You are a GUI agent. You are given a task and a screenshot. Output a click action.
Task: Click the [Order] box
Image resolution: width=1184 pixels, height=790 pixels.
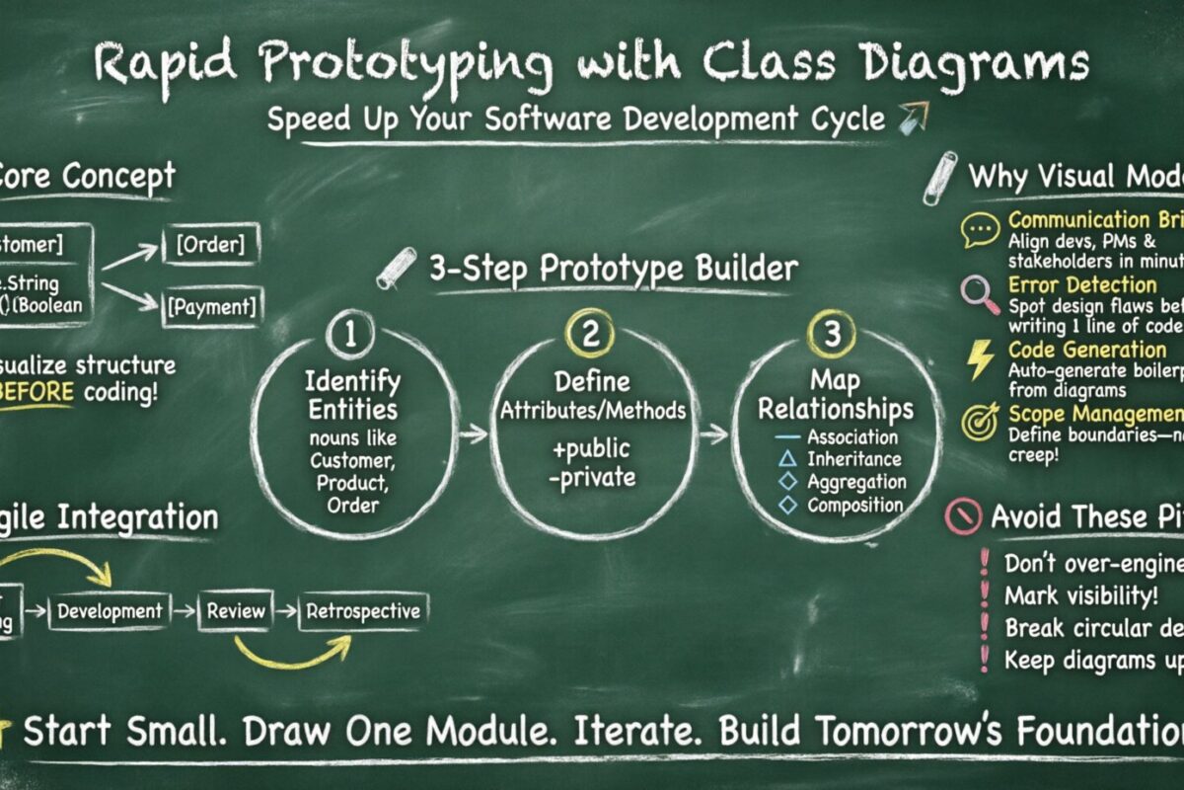pyautogui.click(x=210, y=245)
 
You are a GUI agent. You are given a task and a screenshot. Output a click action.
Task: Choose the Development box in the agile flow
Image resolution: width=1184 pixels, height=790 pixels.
pyautogui.click(x=109, y=611)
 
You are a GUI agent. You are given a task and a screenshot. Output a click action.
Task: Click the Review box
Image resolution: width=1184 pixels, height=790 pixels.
pyautogui.click(x=236, y=611)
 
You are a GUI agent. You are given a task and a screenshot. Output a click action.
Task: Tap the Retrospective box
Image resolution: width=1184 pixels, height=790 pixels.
pyautogui.click(x=363, y=610)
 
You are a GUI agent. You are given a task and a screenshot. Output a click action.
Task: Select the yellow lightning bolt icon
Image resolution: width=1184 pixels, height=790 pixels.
pyautogui.click(x=981, y=359)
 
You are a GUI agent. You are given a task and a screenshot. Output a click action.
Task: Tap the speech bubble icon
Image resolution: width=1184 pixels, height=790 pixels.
pyautogui.click(x=980, y=230)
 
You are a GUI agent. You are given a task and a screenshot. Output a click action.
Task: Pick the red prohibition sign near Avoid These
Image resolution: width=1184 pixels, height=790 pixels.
pyautogui.click(x=963, y=516)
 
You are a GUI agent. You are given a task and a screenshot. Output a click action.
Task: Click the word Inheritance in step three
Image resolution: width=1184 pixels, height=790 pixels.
pyautogui.click(x=853, y=458)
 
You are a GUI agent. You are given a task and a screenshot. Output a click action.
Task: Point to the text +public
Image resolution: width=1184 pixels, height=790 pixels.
pyautogui.click(x=590, y=450)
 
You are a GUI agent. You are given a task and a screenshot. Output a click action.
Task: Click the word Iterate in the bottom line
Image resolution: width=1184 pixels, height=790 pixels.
pyautogui.click(x=641, y=732)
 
